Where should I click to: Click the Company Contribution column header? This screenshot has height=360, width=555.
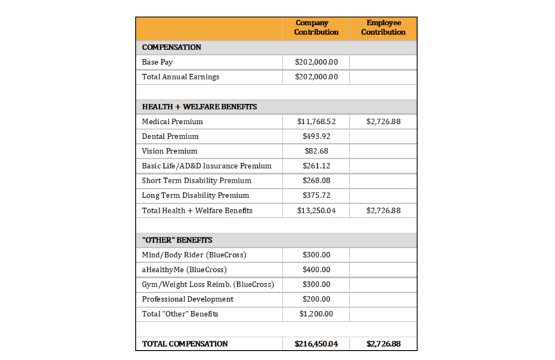point(316,27)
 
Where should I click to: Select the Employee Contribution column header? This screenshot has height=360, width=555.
point(383,27)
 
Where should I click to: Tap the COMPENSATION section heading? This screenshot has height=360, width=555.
point(171,47)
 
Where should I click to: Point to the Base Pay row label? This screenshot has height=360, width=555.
point(157,62)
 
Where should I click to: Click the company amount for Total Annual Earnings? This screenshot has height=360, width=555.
point(316,77)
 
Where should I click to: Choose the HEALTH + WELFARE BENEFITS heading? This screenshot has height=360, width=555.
point(199,107)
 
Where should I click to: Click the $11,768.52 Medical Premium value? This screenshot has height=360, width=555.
point(316,122)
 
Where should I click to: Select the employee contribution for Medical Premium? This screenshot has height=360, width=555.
point(383,122)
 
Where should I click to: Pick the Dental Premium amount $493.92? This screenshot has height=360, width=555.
point(316,137)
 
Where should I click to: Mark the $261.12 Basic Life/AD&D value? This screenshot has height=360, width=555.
point(316,166)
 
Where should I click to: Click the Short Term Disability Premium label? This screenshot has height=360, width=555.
point(197,181)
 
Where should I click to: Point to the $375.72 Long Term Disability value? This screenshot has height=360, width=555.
point(316,195)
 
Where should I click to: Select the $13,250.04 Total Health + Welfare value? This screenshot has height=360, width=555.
point(316,211)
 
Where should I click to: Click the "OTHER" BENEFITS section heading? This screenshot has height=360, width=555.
point(177,240)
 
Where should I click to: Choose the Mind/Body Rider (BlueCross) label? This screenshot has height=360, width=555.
point(194,255)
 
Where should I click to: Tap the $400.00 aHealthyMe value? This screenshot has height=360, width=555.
point(316,269)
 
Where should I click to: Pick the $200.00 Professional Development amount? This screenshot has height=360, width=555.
point(316,299)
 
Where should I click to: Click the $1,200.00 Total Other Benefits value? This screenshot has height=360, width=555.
point(316,313)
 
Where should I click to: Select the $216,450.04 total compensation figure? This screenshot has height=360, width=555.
point(316,344)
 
